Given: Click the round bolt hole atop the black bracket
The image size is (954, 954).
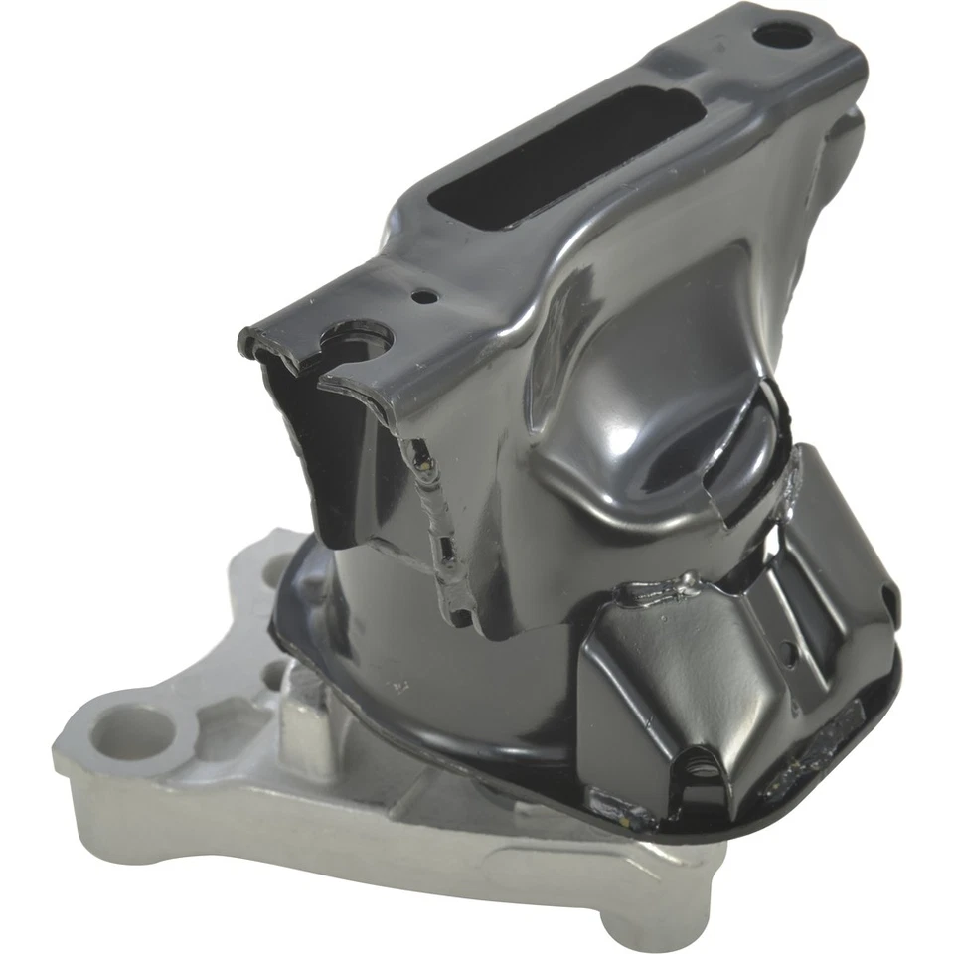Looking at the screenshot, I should point(782,36).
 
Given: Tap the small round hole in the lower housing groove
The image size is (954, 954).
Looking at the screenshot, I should point(786,653).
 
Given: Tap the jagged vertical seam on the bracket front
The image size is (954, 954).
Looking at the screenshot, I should point(437,517).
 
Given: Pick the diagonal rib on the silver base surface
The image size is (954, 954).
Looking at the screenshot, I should point(556,855).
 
